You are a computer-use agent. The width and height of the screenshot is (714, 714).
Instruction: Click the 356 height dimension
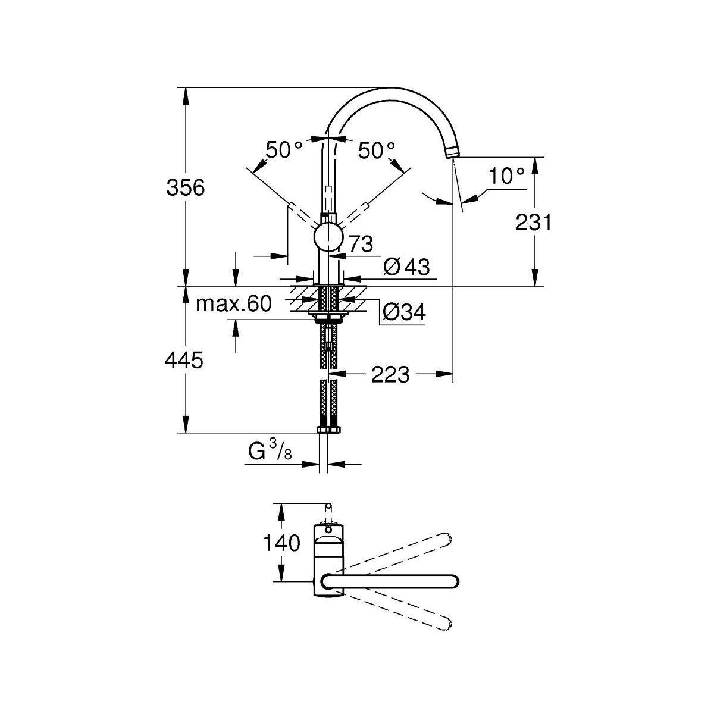pos(185,187)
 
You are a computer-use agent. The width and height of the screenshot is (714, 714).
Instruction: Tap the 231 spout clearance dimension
pos(533,223)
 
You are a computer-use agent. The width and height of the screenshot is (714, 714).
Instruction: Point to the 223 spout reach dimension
pos(390,374)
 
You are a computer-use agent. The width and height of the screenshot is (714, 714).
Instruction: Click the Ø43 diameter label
pos(406,267)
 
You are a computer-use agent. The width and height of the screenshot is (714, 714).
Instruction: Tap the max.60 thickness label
pos(234,304)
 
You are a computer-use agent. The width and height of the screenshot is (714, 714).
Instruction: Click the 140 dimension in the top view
pos(282,543)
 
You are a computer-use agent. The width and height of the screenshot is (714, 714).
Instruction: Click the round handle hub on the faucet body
pos(328,236)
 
